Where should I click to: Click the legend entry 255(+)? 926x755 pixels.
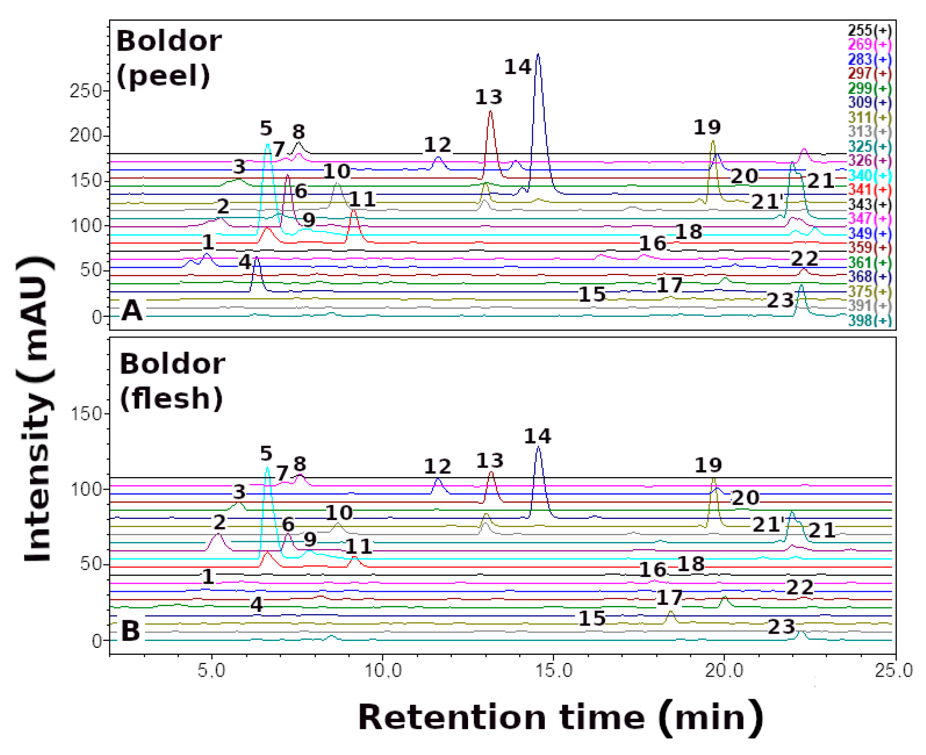[x=869, y=30]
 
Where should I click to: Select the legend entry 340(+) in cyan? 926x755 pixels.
[x=869, y=176]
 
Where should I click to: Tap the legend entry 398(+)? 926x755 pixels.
[x=869, y=321]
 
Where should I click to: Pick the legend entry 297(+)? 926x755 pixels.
[x=869, y=73]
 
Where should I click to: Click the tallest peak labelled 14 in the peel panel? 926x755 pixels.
[x=538, y=56]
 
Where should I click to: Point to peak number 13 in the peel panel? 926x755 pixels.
[x=491, y=112]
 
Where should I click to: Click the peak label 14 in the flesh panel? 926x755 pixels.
[x=537, y=436]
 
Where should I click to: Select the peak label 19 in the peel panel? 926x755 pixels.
[x=707, y=127]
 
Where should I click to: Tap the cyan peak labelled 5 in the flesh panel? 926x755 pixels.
[x=267, y=469]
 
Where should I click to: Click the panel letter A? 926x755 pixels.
[x=132, y=311]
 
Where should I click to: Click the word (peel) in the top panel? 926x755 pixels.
[x=164, y=77]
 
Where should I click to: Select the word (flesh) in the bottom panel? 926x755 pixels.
[x=171, y=398]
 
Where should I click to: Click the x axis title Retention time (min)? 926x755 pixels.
[x=561, y=718]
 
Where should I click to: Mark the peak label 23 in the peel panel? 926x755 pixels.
[x=780, y=301]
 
